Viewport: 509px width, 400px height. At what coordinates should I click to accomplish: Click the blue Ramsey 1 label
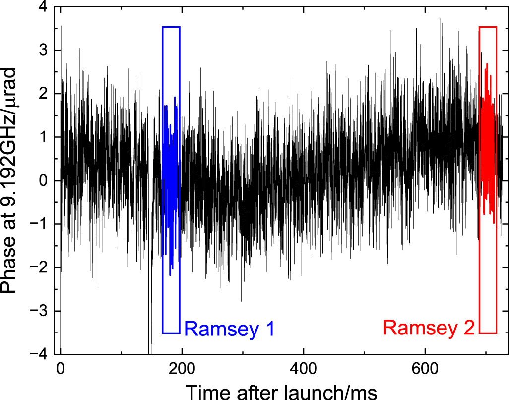(229, 329)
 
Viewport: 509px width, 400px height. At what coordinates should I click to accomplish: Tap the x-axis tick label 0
(61, 369)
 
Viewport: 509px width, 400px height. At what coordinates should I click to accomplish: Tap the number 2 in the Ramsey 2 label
(468, 329)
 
